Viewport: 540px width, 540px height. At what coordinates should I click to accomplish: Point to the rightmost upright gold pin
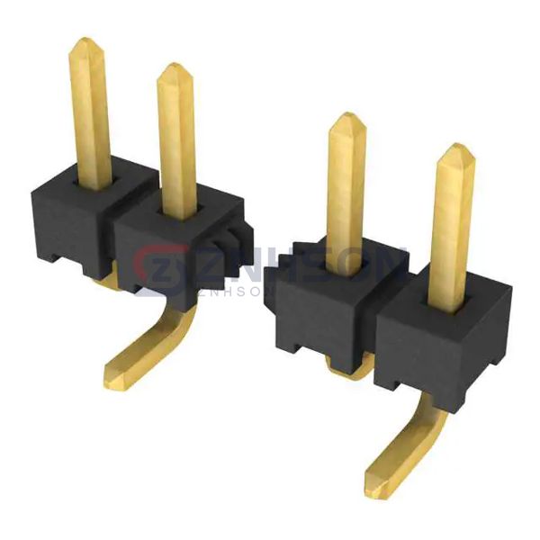tap(452, 220)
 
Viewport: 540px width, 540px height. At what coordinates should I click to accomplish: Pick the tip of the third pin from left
tap(345, 119)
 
